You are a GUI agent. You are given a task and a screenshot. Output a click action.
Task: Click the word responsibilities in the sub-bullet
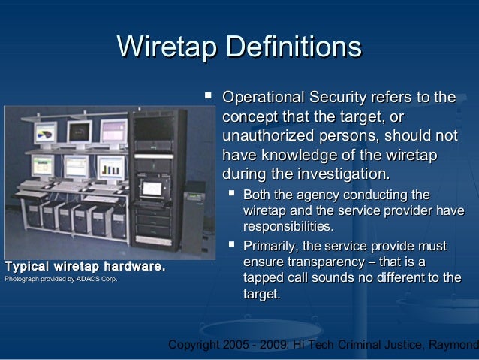[x=288, y=226]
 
